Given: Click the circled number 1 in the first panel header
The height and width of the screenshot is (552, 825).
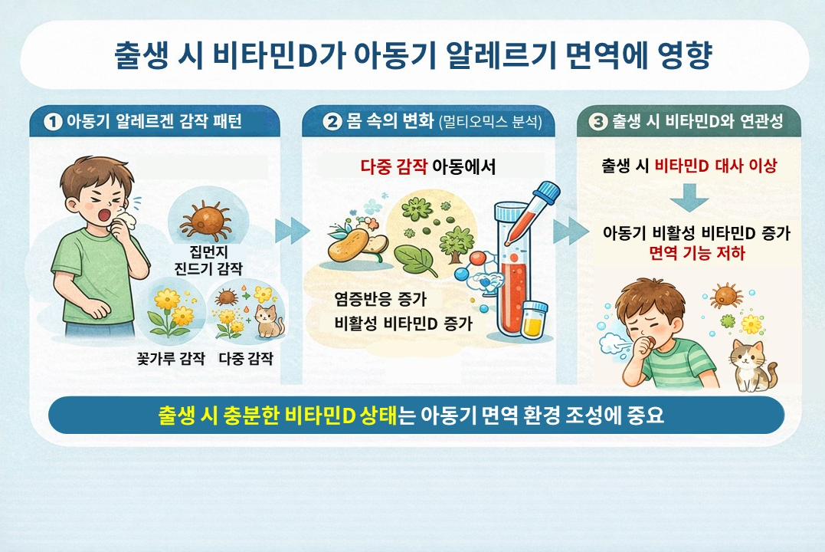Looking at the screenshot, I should [54, 122].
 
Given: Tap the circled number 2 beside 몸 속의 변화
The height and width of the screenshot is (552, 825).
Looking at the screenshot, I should [331, 122].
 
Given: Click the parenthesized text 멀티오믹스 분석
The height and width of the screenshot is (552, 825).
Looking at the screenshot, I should [491, 123].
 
